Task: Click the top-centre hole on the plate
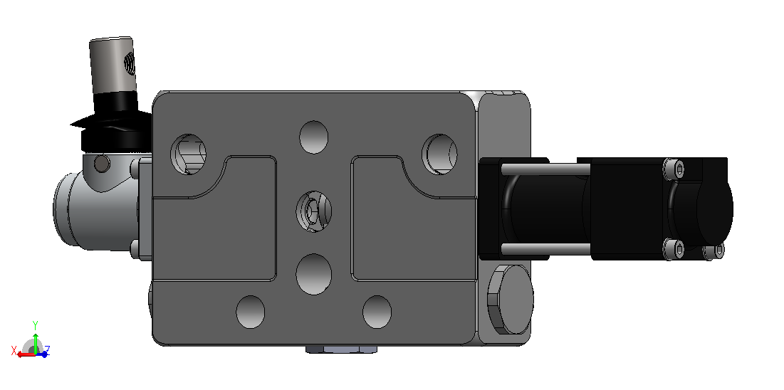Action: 313,137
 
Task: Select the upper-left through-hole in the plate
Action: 189,154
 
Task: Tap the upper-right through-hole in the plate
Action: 439,154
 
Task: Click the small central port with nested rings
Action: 314,211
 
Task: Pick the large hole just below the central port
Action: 313,274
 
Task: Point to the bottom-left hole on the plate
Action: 250,312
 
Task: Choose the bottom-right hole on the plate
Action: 377,312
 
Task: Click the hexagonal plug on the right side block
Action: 510,300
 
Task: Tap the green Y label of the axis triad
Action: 36,325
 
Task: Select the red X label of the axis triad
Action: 14,349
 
